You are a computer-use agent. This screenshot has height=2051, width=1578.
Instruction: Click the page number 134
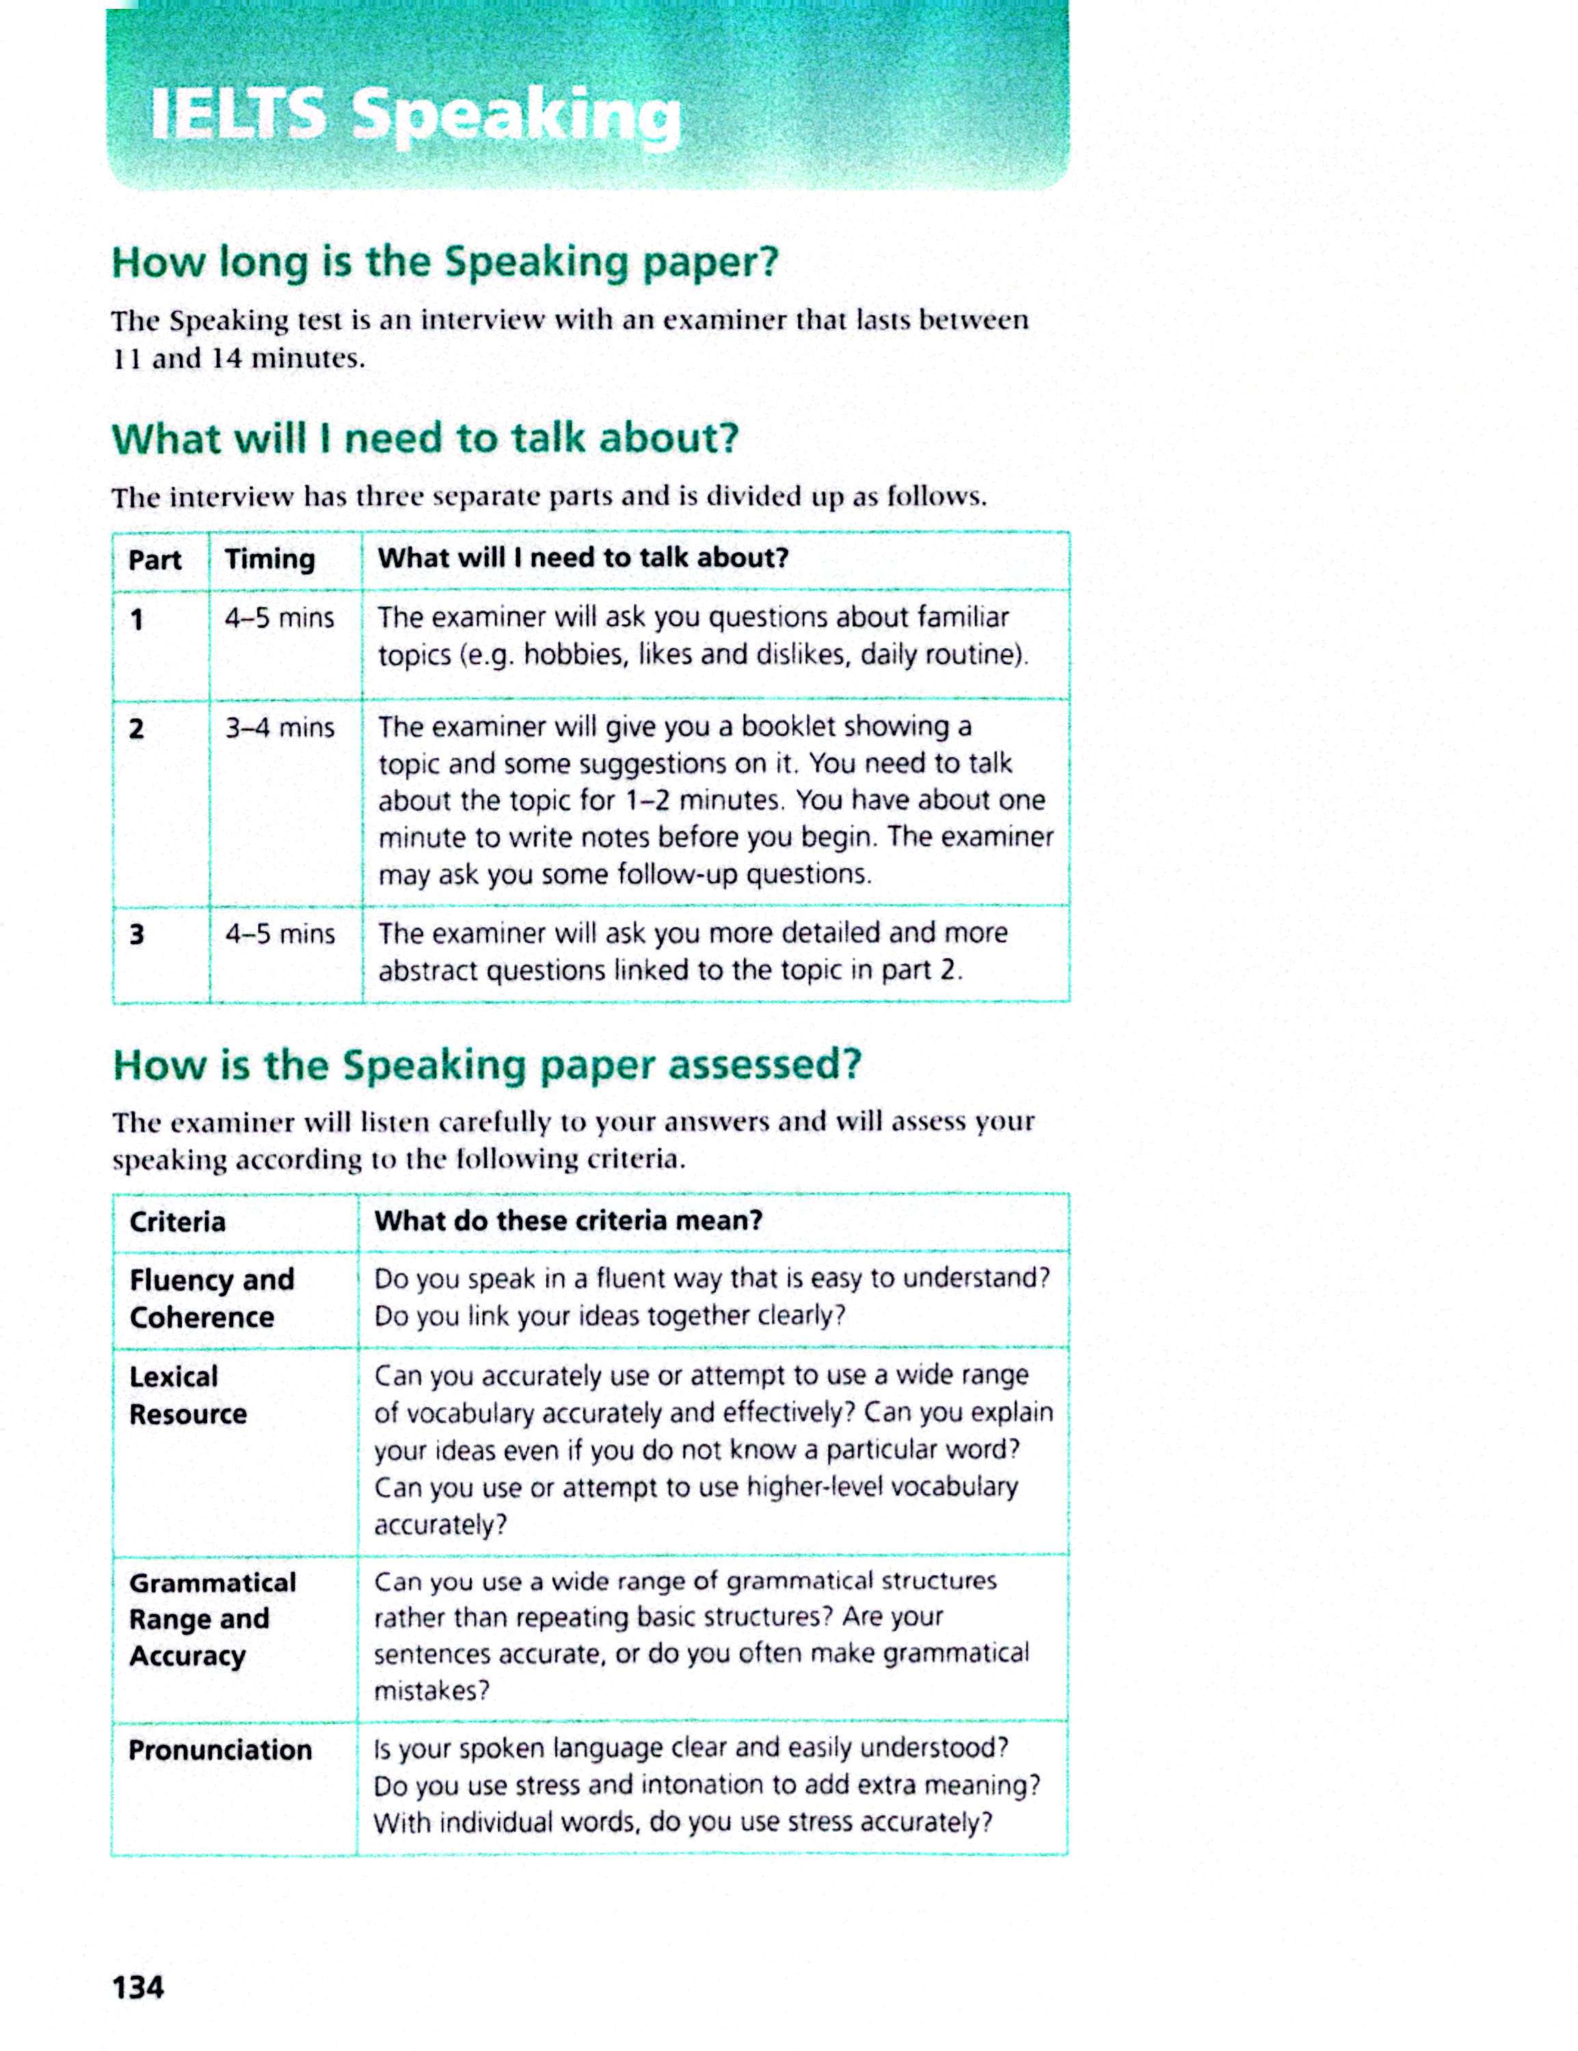pos(138,1987)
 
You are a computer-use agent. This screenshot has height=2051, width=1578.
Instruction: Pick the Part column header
pos(154,560)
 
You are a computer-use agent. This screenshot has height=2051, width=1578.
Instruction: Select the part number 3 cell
pos(137,935)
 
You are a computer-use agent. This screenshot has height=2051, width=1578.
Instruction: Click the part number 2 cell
pos(137,729)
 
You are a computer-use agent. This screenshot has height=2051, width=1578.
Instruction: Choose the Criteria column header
pos(178,1222)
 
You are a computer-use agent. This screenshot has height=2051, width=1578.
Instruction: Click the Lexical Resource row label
pos(188,1395)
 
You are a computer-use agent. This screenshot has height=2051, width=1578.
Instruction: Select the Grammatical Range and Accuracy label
pos(212,1619)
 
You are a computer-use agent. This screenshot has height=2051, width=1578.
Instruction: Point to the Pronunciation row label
pos(219,1750)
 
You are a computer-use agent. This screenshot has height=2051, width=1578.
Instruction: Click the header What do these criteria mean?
pos(568,1221)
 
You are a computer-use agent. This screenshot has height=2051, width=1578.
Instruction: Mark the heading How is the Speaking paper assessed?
pos(487,1065)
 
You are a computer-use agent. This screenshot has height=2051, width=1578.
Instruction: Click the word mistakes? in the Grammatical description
pos(432,1691)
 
